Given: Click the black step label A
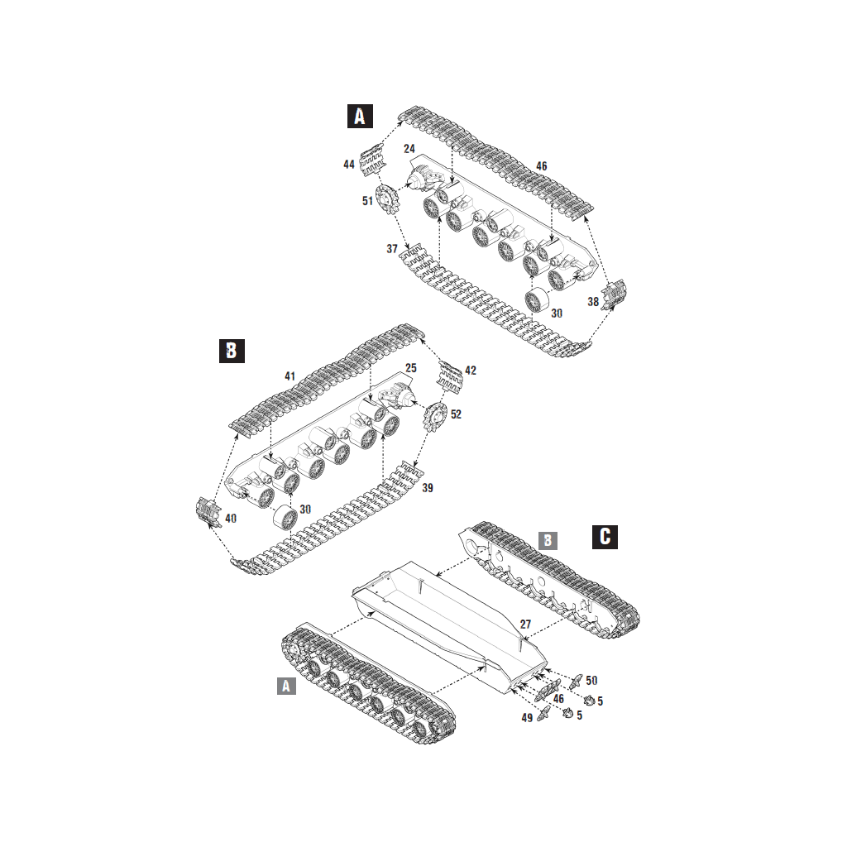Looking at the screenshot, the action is click(x=360, y=116).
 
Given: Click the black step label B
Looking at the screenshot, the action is click(x=232, y=351).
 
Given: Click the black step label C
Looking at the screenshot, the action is click(x=605, y=536).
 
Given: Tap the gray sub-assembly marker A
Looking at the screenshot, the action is click(x=286, y=686).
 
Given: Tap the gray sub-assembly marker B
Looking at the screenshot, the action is click(x=548, y=540).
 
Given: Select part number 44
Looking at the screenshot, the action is click(x=349, y=165).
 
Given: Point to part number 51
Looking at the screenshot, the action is click(x=367, y=201).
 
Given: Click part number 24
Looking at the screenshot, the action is click(x=409, y=149).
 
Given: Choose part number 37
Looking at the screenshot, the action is click(x=391, y=249).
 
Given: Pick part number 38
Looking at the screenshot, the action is click(x=593, y=302).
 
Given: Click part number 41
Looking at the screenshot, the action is click(x=290, y=376).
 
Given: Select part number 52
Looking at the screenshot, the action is click(x=456, y=414).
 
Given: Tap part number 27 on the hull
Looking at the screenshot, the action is click(x=525, y=624).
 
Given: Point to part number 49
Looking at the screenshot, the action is click(x=527, y=718).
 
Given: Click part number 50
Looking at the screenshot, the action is click(x=591, y=681).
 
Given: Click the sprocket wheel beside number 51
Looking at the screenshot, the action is click(x=387, y=199).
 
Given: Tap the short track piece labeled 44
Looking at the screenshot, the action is click(x=373, y=158).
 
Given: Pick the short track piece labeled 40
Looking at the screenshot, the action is click(x=208, y=512).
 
